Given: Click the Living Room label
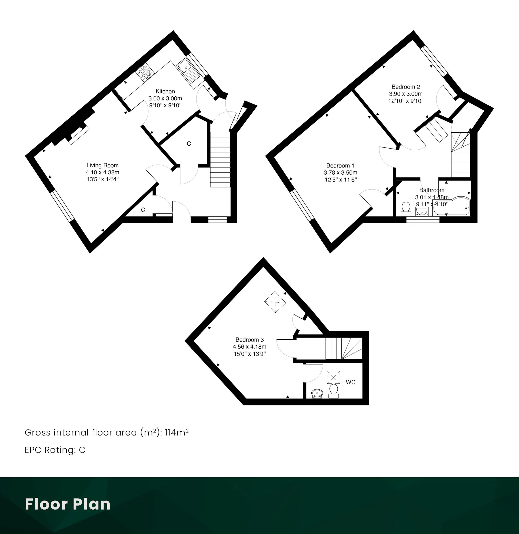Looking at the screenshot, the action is [x=102, y=165].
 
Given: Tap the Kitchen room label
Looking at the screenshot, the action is [x=165, y=91].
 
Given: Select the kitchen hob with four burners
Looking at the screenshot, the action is [x=145, y=72].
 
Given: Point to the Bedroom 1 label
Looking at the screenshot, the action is [x=340, y=166].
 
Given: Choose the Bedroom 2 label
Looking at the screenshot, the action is [x=406, y=87].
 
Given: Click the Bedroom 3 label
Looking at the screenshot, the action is [x=249, y=340].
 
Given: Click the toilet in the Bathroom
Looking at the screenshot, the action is [x=406, y=209].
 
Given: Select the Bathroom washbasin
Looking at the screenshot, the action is [x=422, y=211].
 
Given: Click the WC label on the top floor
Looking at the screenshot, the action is [x=351, y=382].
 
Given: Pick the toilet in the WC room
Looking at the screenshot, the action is [x=334, y=391].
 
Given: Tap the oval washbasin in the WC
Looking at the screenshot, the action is [x=317, y=394].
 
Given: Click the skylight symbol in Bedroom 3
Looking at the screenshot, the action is [x=275, y=302].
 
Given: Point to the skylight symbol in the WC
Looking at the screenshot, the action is [x=333, y=377].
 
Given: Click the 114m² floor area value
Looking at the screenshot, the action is [x=177, y=433].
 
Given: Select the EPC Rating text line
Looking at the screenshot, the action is [x=55, y=450].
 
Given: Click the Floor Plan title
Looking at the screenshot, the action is [x=68, y=504].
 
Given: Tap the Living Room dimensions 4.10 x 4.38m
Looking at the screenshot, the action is [x=102, y=172].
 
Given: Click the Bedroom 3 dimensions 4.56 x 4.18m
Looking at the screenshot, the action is [x=249, y=347].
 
